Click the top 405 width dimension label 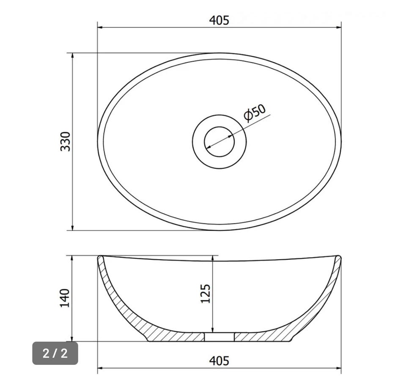point(219,20)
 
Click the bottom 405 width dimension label point(219,361)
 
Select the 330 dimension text point(65,141)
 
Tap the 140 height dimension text point(65,298)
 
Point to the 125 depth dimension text point(206,293)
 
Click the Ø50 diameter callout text point(255,113)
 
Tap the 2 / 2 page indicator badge point(55,353)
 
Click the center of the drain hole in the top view point(219,141)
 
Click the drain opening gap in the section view point(219,337)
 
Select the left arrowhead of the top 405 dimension point(100,27)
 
